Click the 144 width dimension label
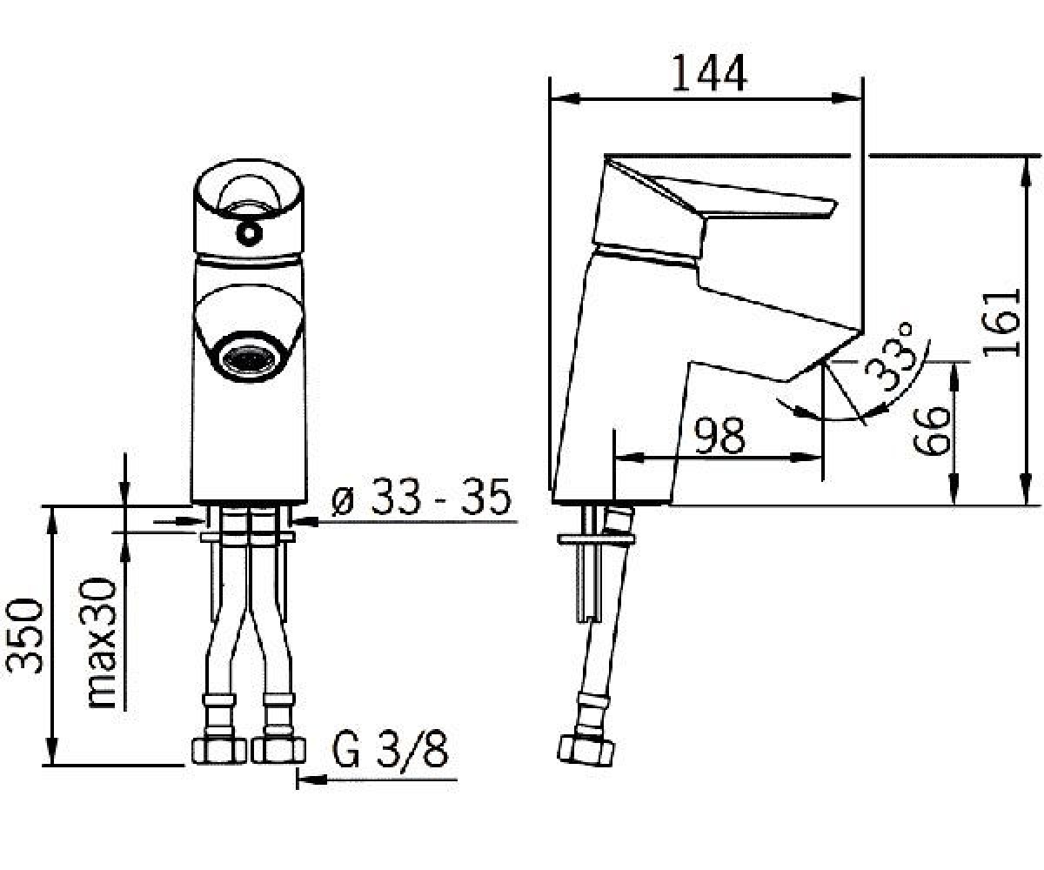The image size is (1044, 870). pyautogui.click(x=710, y=73)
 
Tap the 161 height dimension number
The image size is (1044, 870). pyautogui.click(x=1001, y=323)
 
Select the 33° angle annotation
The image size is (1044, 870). pyautogui.click(x=889, y=356)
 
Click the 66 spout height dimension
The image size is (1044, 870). pyautogui.click(x=931, y=431)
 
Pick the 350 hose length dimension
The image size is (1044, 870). pyautogui.click(x=24, y=635)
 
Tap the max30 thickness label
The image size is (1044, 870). pyautogui.click(x=102, y=644)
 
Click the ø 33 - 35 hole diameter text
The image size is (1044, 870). pyautogui.click(x=421, y=497)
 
